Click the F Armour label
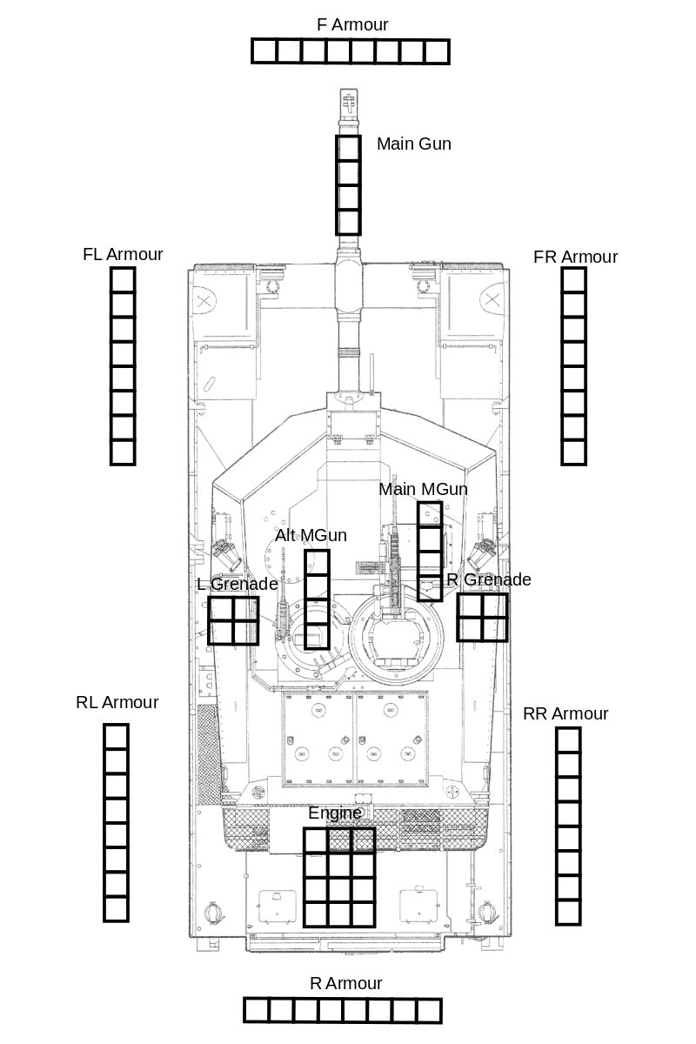click(x=352, y=24)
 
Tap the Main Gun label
click(x=414, y=144)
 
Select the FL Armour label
click(x=123, y=254)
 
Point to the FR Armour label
click(x=575, y=257)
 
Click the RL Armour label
click(x=117, y=702)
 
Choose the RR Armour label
click(x=565, y=713)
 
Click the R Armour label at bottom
click(x=346, y=983)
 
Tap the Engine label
click(x=335, y=813)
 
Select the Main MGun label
click(x=423, y=489)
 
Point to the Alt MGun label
click(x=311, y=536)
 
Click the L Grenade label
click(x=238, y=584)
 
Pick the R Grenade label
click(x=489, y=579)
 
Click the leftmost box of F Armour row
click(x=264, y=51)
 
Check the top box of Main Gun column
click(x=349, y=148)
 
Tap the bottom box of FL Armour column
click(x=123, y=452)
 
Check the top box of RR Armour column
click(x=568, y=740)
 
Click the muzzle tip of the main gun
click(x=349, y=90)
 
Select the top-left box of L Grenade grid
click(x=220, y=609)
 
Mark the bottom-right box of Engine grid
click(x=364, y=915)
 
